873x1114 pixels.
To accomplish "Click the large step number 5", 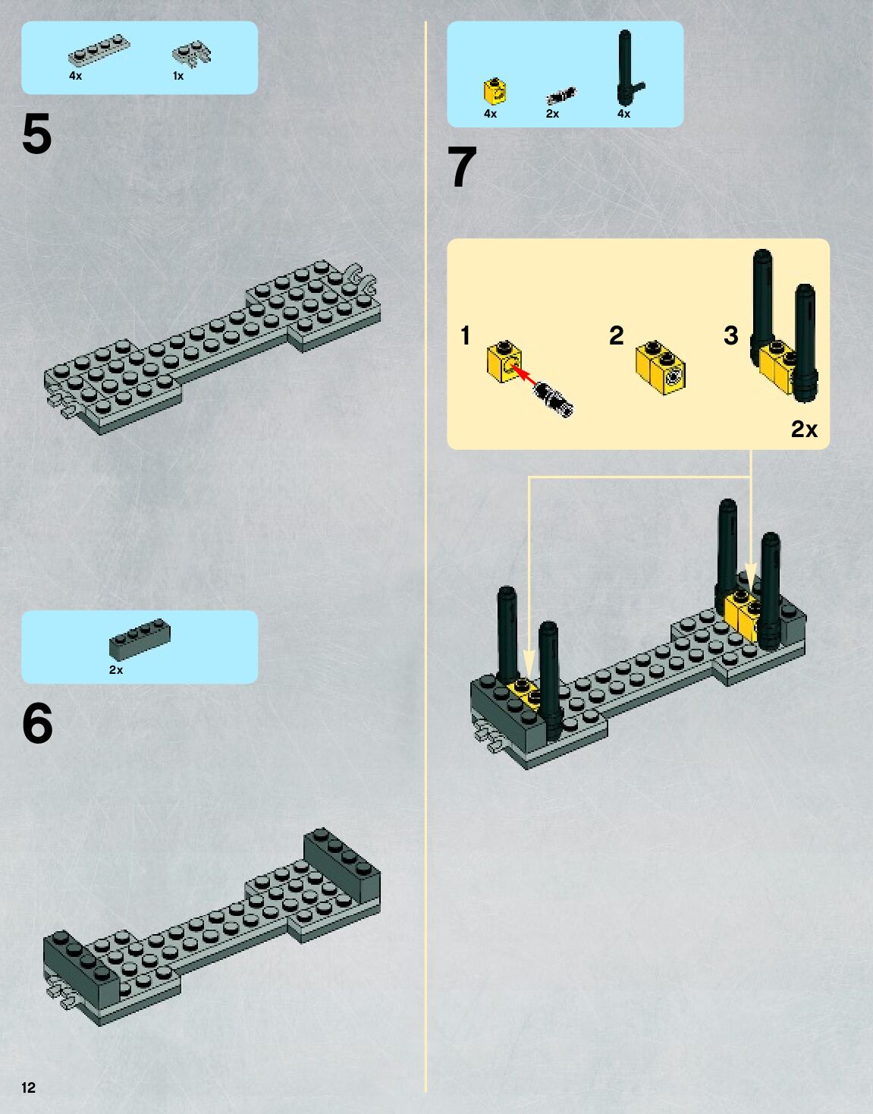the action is point(37,134).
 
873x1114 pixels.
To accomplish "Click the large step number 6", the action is point(37,723).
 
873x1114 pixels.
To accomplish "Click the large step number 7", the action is point(462,167).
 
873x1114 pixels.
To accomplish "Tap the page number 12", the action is point(29,1087).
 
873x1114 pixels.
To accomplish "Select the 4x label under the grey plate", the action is point(75,76).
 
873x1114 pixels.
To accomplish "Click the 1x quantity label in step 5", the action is point(177,76).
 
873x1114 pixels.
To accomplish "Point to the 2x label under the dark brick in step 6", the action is point(116,669).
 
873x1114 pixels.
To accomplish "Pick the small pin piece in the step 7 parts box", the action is point(561,96).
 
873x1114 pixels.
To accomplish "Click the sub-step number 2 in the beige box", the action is point(617,335).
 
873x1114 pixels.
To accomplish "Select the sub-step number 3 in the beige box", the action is point(731,335).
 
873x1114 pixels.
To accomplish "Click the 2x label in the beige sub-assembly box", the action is point(804,429).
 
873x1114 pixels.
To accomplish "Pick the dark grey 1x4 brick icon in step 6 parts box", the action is point(140,638).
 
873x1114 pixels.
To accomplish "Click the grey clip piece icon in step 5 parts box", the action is point(192,54).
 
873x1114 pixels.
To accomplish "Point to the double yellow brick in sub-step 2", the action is point(661,367).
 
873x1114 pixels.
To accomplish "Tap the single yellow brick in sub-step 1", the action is point(504,361).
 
